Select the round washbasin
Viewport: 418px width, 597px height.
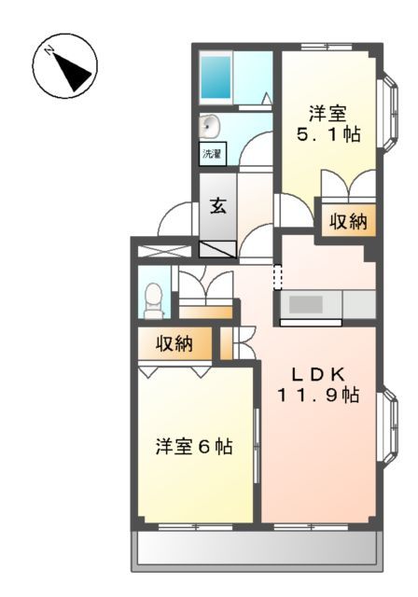tap(210, 126)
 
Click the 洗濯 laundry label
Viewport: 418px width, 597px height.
tap(212, 154)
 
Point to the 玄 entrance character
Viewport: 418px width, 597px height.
tap(216, 206)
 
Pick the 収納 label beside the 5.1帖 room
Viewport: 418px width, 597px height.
tap(346, 222)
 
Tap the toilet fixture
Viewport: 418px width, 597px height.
tap(152, 298)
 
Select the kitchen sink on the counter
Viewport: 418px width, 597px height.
tap(304, 304)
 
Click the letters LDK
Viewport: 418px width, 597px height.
tap(320, 374)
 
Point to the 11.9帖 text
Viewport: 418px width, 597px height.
tap(318, 396)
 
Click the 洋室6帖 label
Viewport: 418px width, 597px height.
tap(194, 447)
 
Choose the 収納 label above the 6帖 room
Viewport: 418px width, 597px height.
tap(174, 343)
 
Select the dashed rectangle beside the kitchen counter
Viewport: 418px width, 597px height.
tap(276, 275)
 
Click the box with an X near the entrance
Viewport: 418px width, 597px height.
tap(164, 249)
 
